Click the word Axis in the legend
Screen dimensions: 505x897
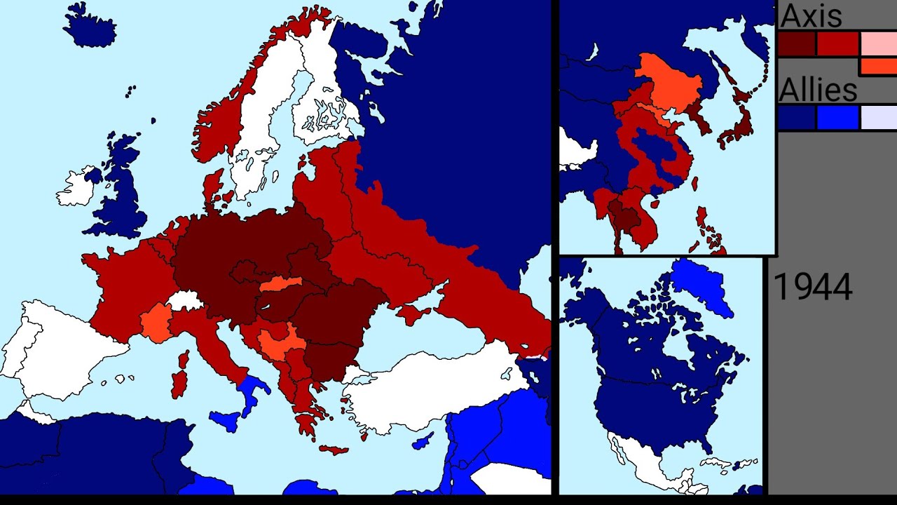810,15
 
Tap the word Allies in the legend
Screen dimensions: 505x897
818,90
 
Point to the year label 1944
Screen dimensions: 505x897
812,288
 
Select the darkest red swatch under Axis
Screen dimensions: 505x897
797,44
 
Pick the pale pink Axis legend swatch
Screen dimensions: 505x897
878,43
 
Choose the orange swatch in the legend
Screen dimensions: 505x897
878,67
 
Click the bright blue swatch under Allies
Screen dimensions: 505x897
837,118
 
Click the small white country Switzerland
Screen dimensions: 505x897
184,302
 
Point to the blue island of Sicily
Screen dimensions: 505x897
224,421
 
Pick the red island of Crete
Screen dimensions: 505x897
333,449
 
